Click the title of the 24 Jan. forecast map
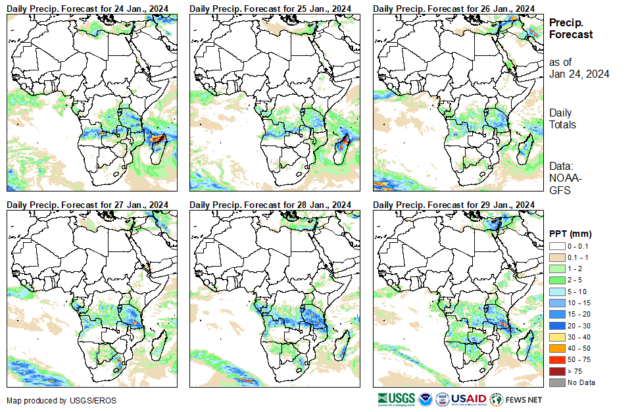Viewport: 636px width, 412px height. [x=87, y=8]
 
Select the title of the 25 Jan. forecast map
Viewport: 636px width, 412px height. [x=270, y=8]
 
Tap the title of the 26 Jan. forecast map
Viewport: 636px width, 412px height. [x=453, y=8]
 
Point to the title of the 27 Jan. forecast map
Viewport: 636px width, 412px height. [x=87, y=204]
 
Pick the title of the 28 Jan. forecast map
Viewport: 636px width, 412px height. [x=270, y=204]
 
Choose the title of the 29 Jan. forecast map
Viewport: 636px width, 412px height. [x=453, y=204]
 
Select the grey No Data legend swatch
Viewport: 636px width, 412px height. [x=556, y=382]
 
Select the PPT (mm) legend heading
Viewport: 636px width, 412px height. [x=570, y=234]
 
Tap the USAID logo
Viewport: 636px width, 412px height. [x=468, y=399]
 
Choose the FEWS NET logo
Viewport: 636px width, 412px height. [x=516, y=399]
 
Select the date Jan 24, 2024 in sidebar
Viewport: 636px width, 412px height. [x=579, y=74]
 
